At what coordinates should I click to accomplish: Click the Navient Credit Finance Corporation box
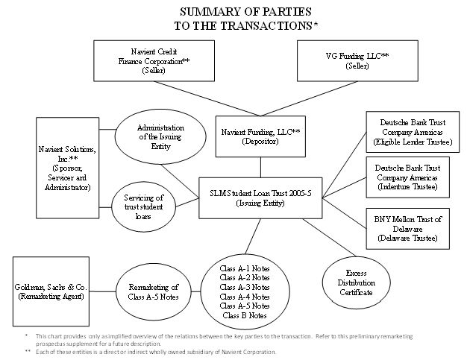coord(154,60)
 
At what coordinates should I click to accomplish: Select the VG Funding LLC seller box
coord(357,60)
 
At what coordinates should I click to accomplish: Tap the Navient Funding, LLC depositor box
coord(260,136)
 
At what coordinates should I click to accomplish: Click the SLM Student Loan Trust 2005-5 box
coord(260,198)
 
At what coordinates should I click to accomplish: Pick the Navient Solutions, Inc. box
coord(67,168)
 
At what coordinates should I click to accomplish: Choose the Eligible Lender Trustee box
coord(413,132)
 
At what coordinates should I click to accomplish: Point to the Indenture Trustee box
coord(407,177)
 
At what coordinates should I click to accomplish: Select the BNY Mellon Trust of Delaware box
coord(407,229)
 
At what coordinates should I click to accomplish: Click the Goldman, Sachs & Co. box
coord(51,291)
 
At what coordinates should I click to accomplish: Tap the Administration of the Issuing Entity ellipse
coord(160,137)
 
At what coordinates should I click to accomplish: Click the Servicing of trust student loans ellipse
coord(143,206)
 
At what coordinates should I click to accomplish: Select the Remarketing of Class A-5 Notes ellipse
coord(154,291)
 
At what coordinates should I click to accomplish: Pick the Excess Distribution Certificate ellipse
coord(356,282)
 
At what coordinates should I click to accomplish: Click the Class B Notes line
coord(245,315)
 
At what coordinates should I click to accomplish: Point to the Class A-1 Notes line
coord(245,268)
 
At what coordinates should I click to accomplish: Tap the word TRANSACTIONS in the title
coord(266,26)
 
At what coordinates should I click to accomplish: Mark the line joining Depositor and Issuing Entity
coord(260,168)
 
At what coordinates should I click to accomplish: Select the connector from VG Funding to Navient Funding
coord(309,99)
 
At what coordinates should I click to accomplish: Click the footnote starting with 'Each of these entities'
coord(156,352)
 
